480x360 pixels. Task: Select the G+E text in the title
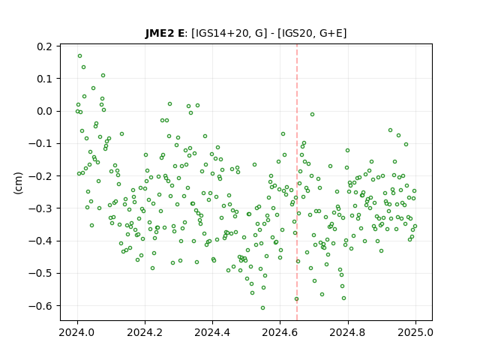tap(331, 33)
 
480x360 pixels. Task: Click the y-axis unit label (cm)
tap(18, 183)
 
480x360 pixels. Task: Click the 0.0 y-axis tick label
tap(44, 111)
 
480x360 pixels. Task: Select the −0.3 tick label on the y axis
tap(40, 208)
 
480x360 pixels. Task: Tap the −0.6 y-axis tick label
tap(40, 306)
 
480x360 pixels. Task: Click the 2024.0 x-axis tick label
tap(77, 332)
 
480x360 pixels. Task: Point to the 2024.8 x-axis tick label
tap(348, 332)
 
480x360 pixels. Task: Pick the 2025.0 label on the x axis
tap(415, 332)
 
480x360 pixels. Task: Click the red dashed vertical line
tap(297, 182)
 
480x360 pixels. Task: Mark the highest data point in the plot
tap(80, 56)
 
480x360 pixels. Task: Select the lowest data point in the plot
tap(262, 308)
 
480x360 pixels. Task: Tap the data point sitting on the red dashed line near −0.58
tap(296, 299)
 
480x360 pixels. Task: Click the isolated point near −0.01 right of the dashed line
tap(312, 115)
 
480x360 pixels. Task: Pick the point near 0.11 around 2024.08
tap(103, 75)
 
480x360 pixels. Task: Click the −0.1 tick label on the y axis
tap(40, 143)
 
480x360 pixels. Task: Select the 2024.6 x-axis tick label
tap(280, 332)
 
